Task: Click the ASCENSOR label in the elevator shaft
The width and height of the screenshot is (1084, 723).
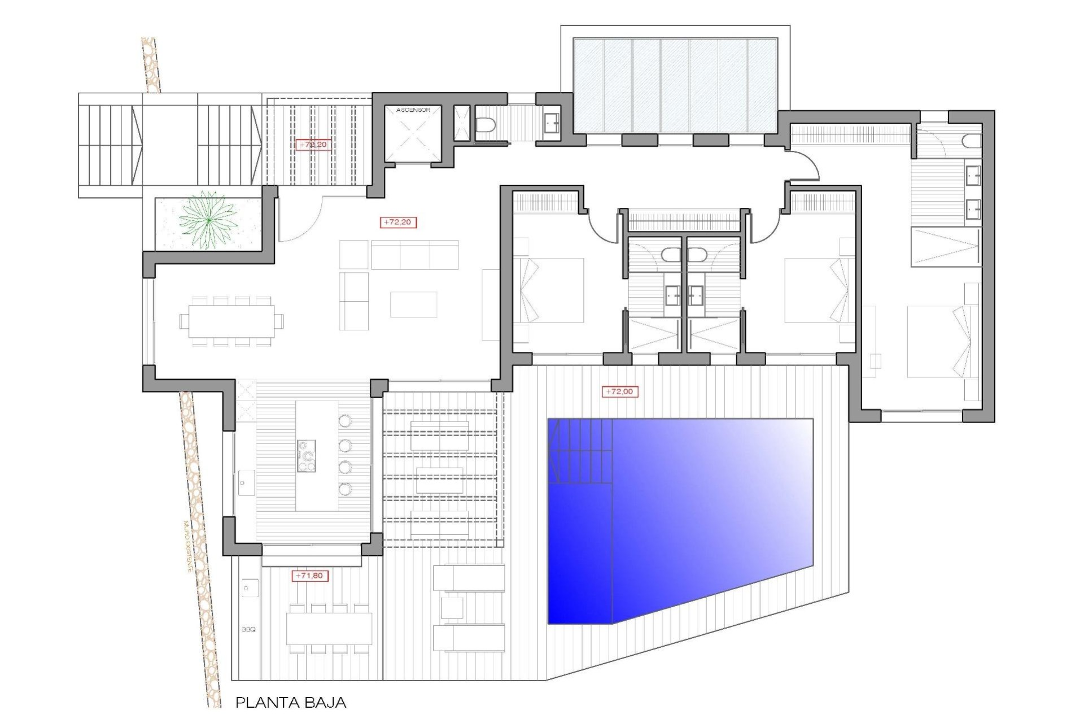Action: [413, 110]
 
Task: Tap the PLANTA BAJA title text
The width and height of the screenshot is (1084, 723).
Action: [290, 703]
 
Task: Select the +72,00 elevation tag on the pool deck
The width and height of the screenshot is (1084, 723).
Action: [619, 391]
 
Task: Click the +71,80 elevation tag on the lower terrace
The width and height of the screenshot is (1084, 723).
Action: [309, 576]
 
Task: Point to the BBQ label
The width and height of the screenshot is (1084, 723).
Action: [248, 629]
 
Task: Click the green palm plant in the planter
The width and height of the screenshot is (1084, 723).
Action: [208, 220]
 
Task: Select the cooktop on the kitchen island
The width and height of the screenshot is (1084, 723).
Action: [307, 456]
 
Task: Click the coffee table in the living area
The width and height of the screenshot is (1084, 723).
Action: [413, 304]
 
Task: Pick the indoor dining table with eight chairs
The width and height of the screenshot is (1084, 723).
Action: [231, 321]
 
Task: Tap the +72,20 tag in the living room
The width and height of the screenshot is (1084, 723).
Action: [398, 222]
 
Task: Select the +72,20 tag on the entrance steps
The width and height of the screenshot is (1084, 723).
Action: [312, 145]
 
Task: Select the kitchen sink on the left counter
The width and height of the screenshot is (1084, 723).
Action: [245, 484]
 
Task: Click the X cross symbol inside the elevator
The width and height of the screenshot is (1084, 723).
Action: [413, 136]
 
